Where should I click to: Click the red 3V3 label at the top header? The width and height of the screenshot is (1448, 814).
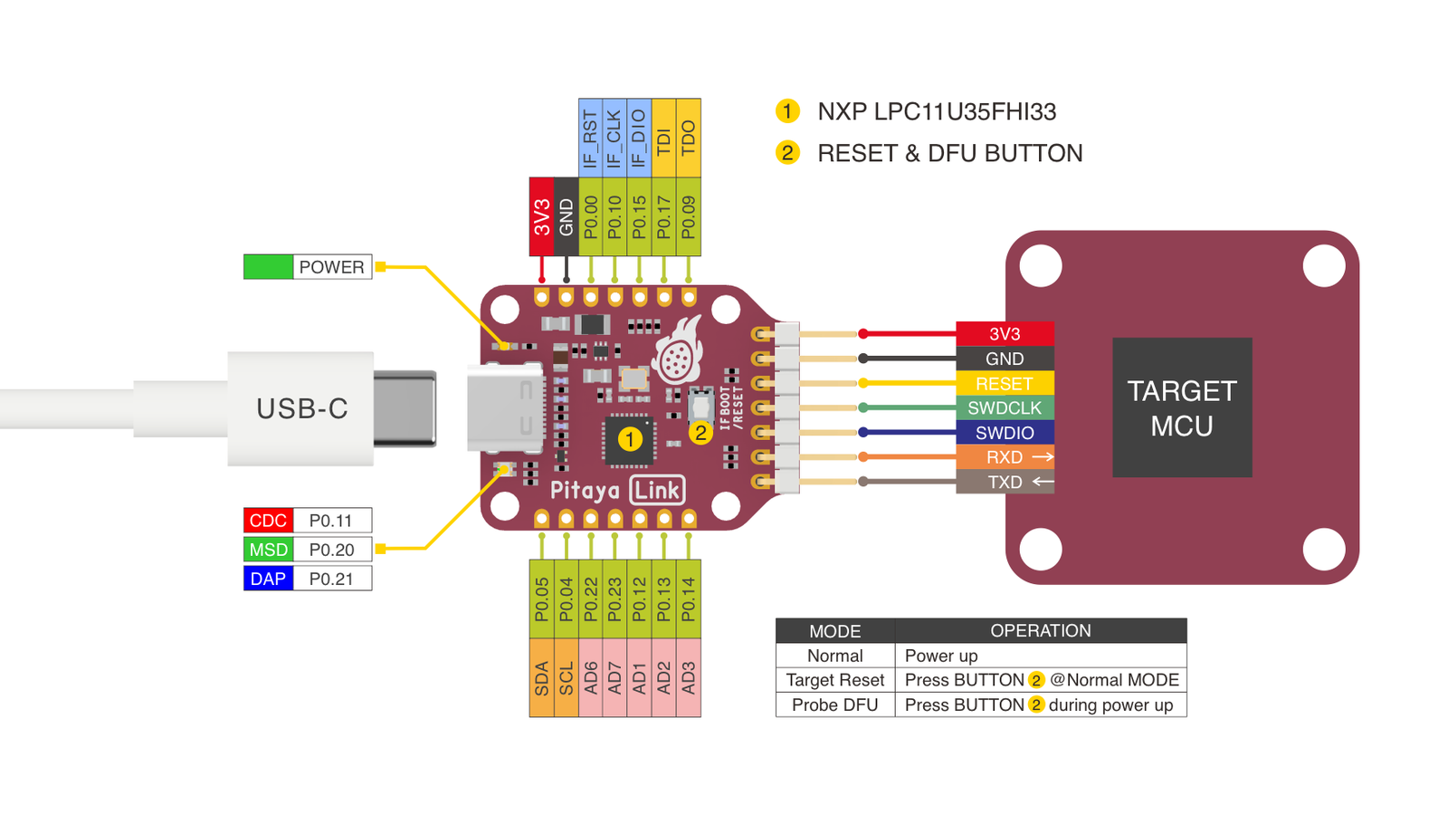point(541,216)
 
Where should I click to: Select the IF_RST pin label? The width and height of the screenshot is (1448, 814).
point(590,138)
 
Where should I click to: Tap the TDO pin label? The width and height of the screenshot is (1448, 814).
point(688,138)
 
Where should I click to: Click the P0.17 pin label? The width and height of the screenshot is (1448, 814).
point(663,216)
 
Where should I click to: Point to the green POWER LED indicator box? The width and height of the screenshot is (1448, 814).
point(268,267)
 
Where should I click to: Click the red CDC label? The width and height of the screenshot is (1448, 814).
point(268,521)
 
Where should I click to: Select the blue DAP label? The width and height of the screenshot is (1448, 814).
point(268,579)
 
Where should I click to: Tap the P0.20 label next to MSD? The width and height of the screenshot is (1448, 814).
point(331,550)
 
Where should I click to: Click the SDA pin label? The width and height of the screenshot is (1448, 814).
point(541,678)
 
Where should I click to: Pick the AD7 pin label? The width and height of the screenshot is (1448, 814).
point(614,678)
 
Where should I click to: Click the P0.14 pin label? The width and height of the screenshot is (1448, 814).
point(688,599)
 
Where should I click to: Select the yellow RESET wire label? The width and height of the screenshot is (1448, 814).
point(1005,384)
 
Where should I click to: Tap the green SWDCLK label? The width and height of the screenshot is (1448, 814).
point(1005,408)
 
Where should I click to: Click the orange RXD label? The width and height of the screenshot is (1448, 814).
point(1005,457)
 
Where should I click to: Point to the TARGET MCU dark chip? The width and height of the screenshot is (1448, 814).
point(1182,407)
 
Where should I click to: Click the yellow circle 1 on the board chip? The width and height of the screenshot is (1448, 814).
point(630,440)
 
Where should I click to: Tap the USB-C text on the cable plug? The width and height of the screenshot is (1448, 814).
point(301,409)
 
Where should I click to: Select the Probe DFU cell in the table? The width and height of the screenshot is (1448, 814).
point(834,705)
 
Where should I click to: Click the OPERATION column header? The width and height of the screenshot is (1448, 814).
point(1040,631)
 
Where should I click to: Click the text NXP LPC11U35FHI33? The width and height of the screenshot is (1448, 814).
point(936,111)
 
